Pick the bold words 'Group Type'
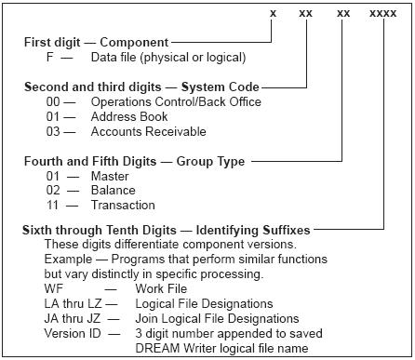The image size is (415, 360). coord(213,161)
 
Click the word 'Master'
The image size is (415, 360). coord(111,176)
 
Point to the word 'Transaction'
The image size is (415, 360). coord(124,206)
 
